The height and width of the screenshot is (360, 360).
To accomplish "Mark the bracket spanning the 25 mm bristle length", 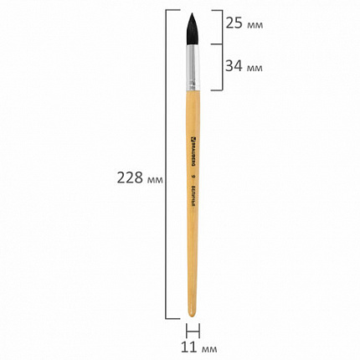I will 223,24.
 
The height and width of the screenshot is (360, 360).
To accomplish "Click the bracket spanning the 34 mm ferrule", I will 223,67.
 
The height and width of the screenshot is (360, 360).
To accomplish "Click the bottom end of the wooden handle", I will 194,315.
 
